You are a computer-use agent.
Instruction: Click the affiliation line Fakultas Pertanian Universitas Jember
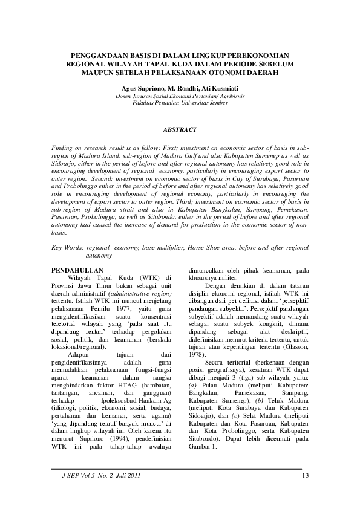click(x=180, y=103)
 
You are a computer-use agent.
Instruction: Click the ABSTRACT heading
click(x=180, y=129)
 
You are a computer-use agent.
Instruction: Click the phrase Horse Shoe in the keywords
click(x=205, y=248)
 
